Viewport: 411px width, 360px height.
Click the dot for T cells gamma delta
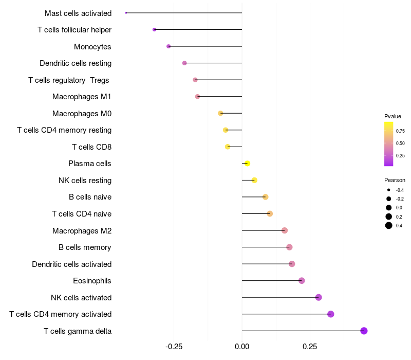click(x=364, y=331)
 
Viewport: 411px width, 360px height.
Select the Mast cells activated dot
click(x=126, y=13)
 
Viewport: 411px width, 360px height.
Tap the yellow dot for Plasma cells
click(x=247, y=164)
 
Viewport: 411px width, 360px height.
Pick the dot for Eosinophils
click(x=302, y=281)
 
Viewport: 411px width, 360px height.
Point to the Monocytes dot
click(x=169, y=46)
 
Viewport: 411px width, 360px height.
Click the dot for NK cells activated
click(x=319, y=297)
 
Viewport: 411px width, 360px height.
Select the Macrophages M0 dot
click(x=220, y=113)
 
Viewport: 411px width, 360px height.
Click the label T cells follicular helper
click(x=74, y=30)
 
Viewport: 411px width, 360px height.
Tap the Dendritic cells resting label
click(x=76, y=63)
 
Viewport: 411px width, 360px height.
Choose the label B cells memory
click(x=85, y=247)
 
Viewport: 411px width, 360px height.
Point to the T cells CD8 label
click(x=91, y=147)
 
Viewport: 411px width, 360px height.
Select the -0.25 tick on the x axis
click(x=174, y=347)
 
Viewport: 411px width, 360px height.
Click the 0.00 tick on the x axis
click(x=242, y=347)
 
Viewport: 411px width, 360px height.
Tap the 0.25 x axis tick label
click(x=310, y=347)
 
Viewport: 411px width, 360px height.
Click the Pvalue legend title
click(x=393, y=116)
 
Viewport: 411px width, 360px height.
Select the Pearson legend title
click(x=395, y=181)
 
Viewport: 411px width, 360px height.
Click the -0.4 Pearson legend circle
click(x=389, y=190)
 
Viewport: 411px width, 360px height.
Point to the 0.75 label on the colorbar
click(x=400, y=131)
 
